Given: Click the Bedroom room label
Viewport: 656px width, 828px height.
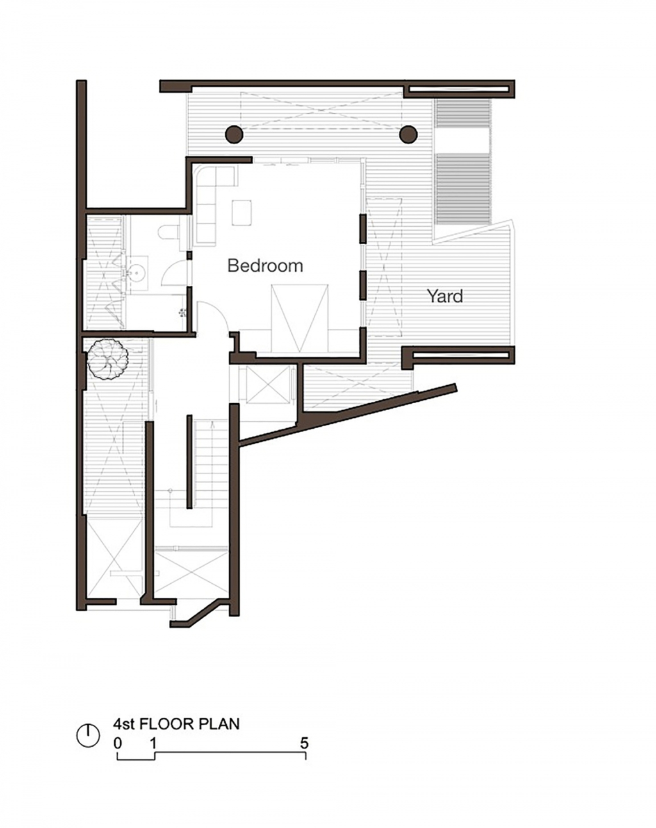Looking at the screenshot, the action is (x=265, y=265).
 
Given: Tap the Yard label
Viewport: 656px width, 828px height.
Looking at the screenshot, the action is (x=445, y=296).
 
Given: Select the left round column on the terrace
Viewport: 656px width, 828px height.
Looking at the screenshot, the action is (x=234, y=135).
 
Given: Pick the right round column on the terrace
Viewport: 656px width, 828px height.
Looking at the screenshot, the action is (x=408, y=135).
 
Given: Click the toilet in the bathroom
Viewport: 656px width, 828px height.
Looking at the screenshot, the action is (x=168, y=233).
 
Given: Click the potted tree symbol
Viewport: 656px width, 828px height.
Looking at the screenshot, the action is (x=108, y=359).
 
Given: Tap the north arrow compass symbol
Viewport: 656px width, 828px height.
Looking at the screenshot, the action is (x=88, y=736).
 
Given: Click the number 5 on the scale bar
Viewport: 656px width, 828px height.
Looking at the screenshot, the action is (x=304, y=743).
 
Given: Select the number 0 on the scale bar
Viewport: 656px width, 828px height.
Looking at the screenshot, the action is (x=118, y=743).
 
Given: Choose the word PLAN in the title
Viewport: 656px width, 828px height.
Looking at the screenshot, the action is (x=218, y=724).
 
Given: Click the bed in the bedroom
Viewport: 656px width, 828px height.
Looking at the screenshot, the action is (x=299, y=319).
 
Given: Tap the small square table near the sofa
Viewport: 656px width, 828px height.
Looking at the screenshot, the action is (x=242, y=212).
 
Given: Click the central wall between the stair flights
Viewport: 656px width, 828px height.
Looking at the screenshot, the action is (x=189, y=461).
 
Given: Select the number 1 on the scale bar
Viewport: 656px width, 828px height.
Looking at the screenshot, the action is (x=153, y=743).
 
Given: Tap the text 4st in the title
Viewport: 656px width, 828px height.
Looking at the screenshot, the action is (x=123, y=724).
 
